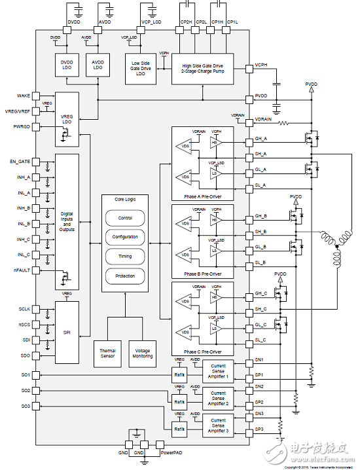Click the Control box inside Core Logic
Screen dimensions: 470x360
point(124,217)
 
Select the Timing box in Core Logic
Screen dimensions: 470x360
point(124,257)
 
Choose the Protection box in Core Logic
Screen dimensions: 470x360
point(124,276)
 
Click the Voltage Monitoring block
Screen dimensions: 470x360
point(142,353)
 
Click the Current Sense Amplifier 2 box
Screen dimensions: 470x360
point(218,397)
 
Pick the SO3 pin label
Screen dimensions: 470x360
point(26,406)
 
